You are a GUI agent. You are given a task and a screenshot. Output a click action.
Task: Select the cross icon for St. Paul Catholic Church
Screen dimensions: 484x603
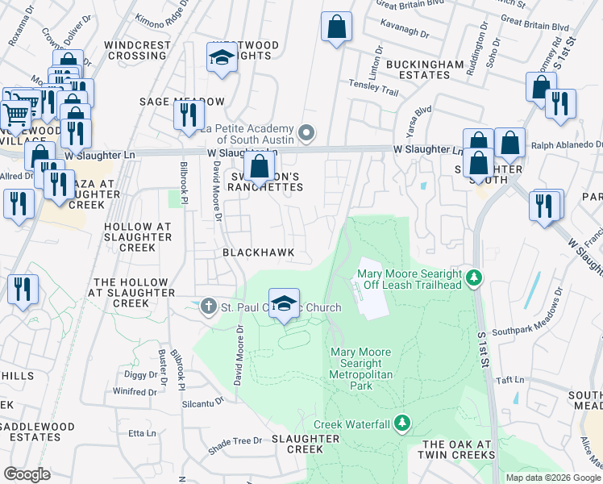pyautogui.click(x=209, y=307)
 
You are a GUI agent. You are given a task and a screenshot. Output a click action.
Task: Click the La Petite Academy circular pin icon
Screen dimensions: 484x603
pyautogui.click(x=306, y=132)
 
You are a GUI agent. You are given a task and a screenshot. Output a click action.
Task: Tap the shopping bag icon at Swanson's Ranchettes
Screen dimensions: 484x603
pyautogui.click(x=260, y=169)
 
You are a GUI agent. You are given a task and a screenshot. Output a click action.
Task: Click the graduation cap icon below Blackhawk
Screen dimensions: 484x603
pyautogui.click(x=284, y=304)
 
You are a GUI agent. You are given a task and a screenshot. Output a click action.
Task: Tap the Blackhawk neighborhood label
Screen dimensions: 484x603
pyautogui.click(x=259, y=252)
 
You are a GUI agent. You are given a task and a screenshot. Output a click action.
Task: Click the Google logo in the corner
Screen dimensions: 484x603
pyautogui.click(x=27, y=474)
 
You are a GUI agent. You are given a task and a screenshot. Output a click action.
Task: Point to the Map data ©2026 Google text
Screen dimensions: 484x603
pyautogui.click(x=552, y=478)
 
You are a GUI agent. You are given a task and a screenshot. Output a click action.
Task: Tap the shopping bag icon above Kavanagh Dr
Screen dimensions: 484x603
pyautogui.click(x=336, y=27)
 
